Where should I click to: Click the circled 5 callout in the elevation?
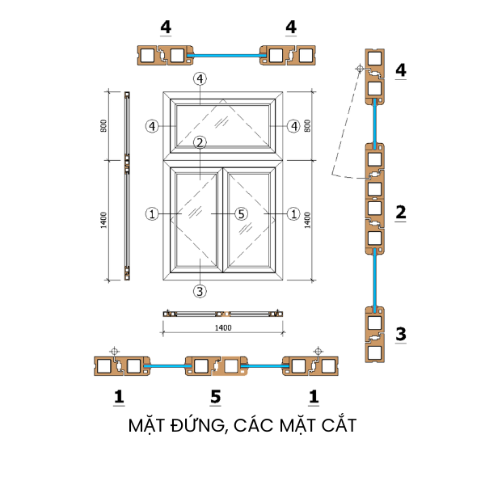click(240, 214)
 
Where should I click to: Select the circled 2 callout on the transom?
click(200, 142)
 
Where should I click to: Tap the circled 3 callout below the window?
click(200, 290)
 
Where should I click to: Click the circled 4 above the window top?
click(200, 78)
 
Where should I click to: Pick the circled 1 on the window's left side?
click(151, 214)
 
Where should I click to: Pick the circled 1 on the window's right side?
click(293, 214)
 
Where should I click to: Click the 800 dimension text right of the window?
click(306, 126)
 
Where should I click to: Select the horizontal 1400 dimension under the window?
click(223, 327)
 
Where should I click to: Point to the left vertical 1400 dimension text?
click(104, 219)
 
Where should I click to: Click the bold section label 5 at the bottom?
click(215, 396)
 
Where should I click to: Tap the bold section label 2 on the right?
click(400, 213)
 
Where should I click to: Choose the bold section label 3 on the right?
click(400, 333)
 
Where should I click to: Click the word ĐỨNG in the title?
click(192, 425)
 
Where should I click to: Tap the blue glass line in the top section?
click(226, 55)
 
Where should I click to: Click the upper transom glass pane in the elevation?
click(223, 125)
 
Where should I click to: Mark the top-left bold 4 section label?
click(166, 27)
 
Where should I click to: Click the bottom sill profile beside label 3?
click(374, 333)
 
